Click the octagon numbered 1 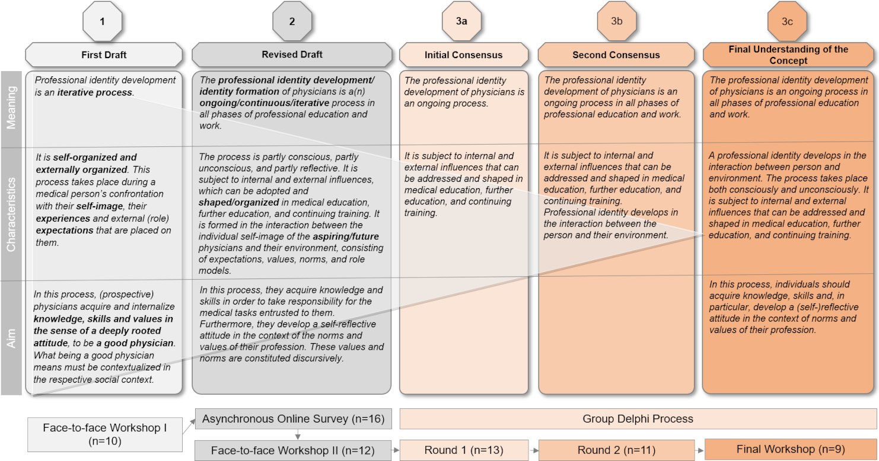tap(103, 21)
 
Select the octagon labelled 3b tap(616, 21)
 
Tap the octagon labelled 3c tap(786, 21)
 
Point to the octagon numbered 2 tap(292, 21)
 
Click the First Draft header tap(104, 55)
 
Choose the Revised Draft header tap(292, 55)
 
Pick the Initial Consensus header tap(463, 55)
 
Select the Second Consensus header tap(616, 55)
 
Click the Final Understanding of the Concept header tap(788, 55)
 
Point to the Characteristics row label tap(12, 213)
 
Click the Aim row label tap(12, 338)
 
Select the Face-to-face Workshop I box tap(104, 434)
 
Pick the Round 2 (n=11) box tap(616, 450)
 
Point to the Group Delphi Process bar tap(638, 419)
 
